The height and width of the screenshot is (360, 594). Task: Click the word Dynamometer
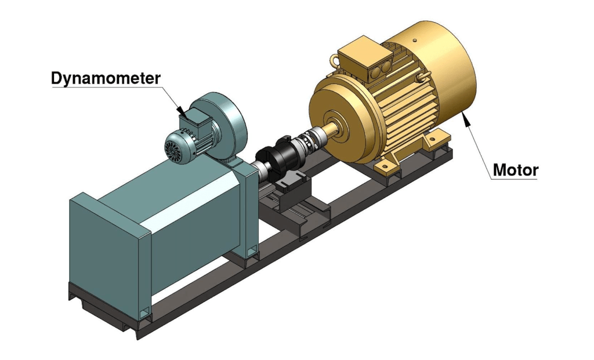tap(106, 78)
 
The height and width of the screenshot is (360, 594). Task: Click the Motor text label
tap(515, 170)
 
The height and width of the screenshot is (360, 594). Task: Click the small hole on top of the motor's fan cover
tap(415, 40)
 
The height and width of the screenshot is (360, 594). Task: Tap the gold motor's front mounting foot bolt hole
tap(383, 166)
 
